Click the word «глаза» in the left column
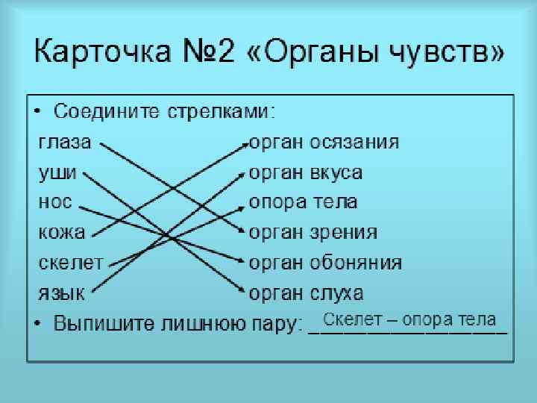64,143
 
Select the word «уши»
57,172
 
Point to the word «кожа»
61,232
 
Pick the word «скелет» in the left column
71,263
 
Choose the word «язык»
61,293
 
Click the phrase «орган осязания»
324,143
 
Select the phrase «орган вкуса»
306,172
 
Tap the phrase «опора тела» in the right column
303,202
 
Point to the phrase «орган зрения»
313,232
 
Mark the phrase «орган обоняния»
325,263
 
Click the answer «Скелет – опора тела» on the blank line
410,319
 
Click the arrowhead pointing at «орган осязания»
245,145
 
